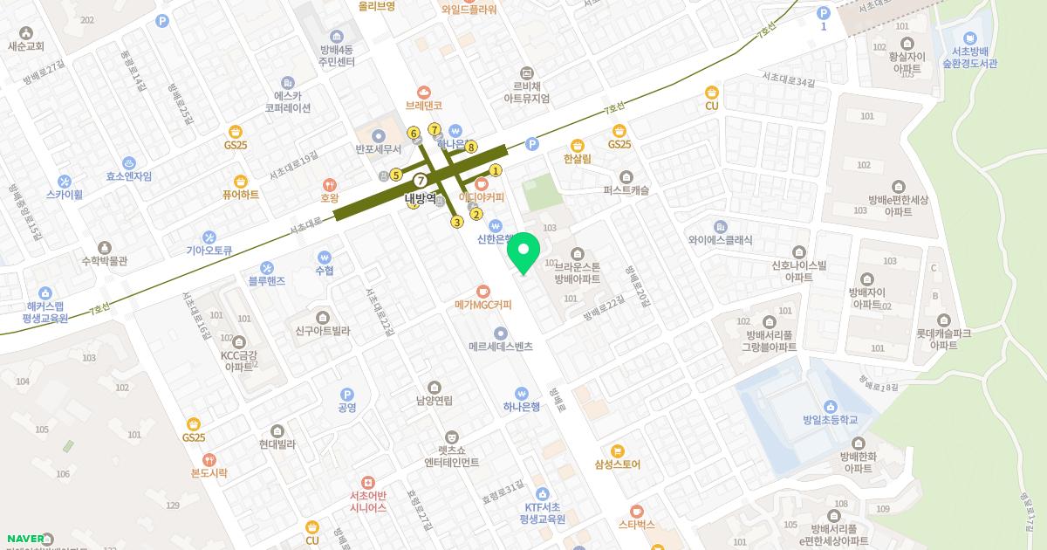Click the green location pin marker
(523, 253)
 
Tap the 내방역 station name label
(421, 198)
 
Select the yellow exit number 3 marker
(456, 222)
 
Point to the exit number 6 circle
(414, 133)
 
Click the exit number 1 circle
(496, 171)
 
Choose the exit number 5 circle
(396, 175)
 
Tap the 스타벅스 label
(636, 526)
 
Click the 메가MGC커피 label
(482, 305)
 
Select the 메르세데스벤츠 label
(500, 346)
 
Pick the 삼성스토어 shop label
(618, 464)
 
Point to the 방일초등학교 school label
(830, 420)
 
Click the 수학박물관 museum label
(105, 260)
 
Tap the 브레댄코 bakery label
(424, 105)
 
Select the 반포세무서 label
(378, 148)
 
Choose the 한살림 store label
(577, 159)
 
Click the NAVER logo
(26, 539)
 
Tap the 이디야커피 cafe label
(482, 196)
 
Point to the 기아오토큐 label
(209, 250)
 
